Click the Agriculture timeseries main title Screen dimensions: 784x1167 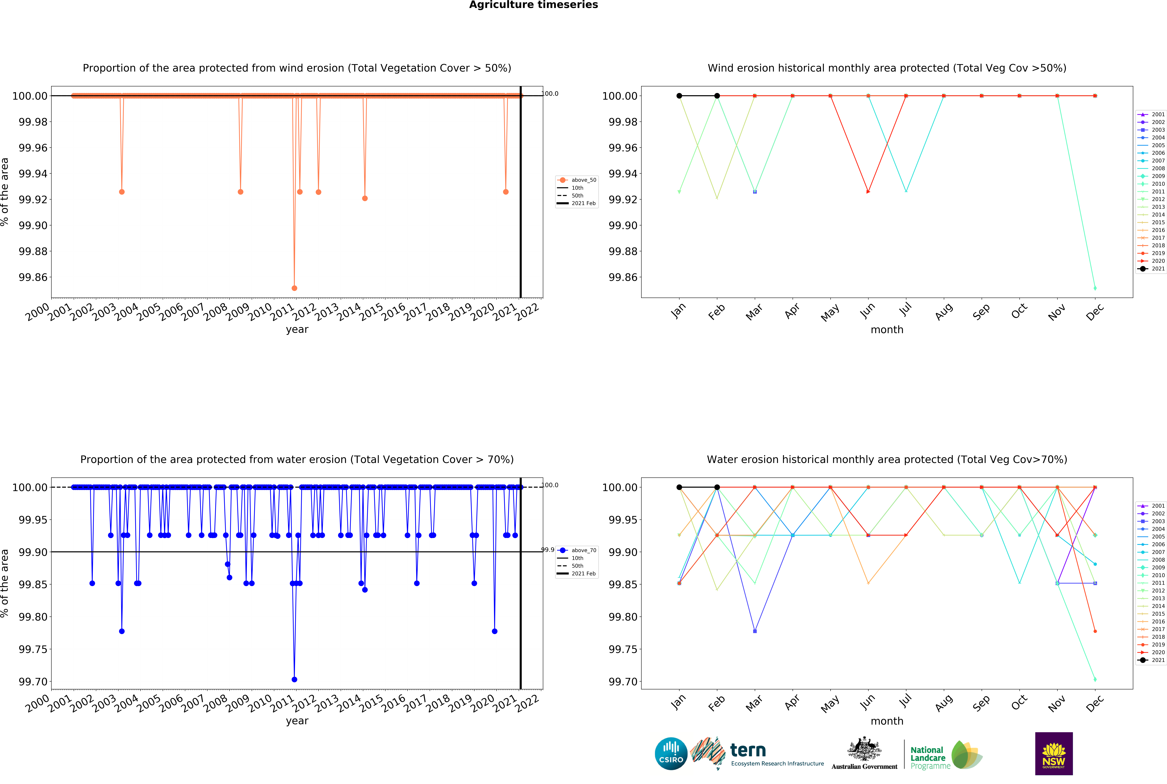(533, 5)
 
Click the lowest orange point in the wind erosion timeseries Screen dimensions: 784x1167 (294, 288)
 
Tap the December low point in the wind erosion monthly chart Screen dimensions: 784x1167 (1095, 288)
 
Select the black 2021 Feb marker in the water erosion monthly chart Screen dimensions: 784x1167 (717, 487)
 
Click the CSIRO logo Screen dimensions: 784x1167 (671, 753)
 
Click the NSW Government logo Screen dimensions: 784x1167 (1053, 753)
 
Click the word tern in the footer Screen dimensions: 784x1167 (748, 750)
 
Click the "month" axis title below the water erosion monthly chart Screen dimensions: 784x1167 (887, 721)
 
